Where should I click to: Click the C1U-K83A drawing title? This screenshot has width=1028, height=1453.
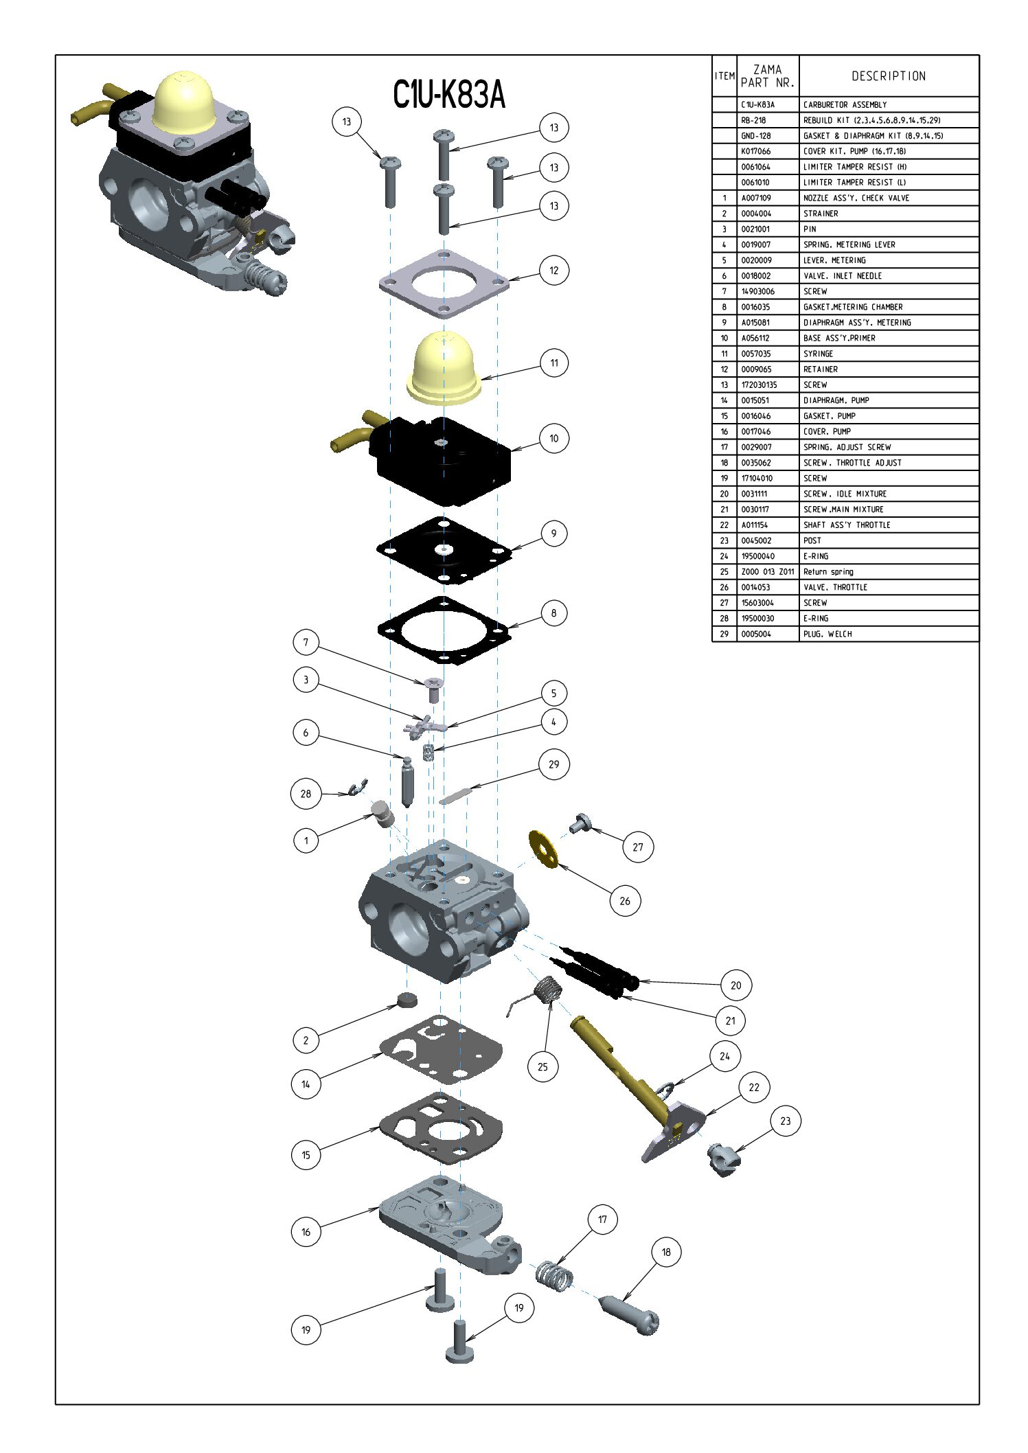pos(449,95)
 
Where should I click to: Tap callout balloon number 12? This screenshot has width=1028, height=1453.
pos(553,271)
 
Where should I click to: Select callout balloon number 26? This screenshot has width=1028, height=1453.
pos(624,901)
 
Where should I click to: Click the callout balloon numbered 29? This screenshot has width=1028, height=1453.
pos(553,764)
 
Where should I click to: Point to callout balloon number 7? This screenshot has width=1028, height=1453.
pos(306,643)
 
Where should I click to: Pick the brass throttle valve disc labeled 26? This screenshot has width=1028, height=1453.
pos(544,848)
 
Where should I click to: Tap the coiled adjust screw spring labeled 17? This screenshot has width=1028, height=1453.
pos(554,1275)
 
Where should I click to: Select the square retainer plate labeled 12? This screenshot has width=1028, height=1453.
pos(444,284)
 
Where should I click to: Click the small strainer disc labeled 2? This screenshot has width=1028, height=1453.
pos(407,999)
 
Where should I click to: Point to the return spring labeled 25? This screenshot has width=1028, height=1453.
pos(542,994)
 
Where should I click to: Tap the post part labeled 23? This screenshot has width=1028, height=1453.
pos(723,1160)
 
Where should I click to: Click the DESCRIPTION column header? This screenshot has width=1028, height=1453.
pos(889,76)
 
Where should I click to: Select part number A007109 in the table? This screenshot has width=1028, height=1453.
pos(756,198)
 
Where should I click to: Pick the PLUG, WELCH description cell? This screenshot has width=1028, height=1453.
pos(827,634)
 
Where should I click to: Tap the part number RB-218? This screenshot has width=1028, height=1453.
pos(753,120)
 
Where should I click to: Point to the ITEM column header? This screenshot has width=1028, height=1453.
pos(724,76)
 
